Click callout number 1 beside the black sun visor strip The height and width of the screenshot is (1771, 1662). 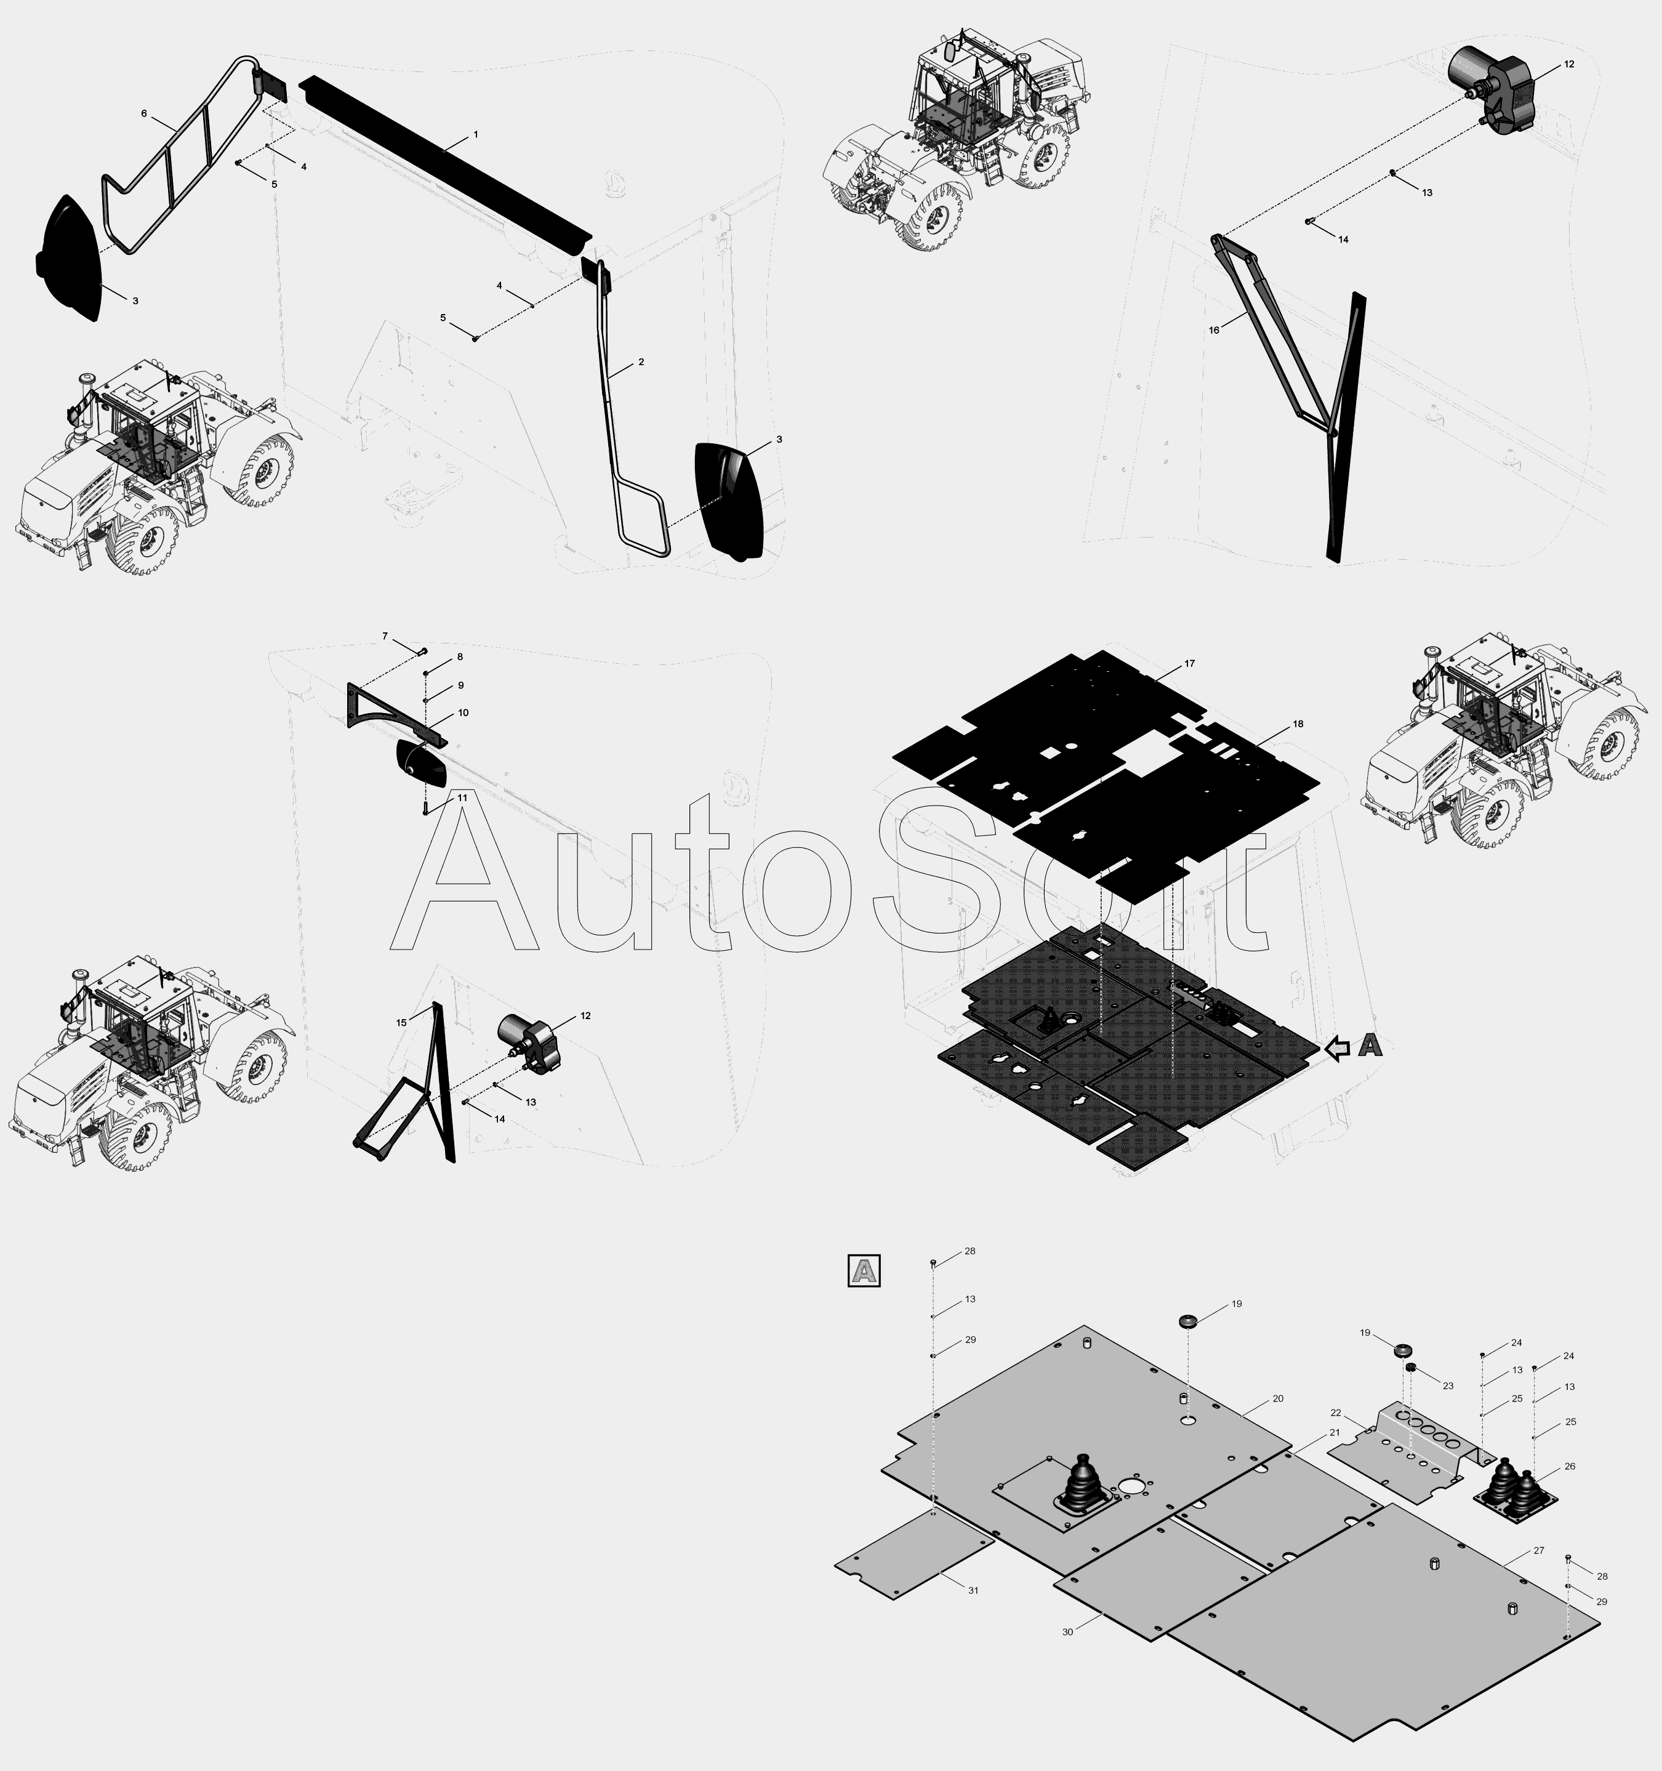tap(476, 134)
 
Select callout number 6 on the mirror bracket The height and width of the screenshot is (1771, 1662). tap(143, 113)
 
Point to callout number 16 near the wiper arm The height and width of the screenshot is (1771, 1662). tap(1213, 331)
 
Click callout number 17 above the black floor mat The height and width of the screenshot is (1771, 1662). tap(1190, 664)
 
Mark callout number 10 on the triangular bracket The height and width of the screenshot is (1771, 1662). tap(463, 712)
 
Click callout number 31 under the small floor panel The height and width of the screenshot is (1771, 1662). tap(974, 1590)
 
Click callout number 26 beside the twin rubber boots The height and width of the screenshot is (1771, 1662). tap(1570, 1466)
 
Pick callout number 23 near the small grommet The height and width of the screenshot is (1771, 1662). tap(1447, 1386)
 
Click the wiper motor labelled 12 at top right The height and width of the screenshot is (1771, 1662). tap(1496, 89)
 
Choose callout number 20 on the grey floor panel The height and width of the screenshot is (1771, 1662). tap(1277, 1398)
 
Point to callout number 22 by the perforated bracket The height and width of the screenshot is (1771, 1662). tap(1335, 1413)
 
